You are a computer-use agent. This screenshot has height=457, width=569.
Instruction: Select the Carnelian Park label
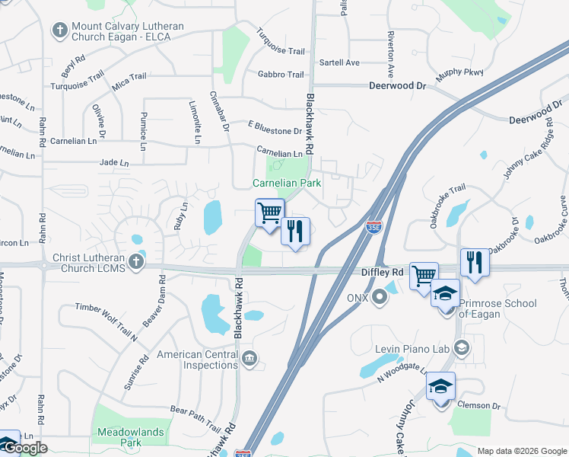tap(287, 184)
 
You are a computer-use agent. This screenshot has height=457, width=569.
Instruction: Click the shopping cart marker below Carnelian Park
tap(269, 213)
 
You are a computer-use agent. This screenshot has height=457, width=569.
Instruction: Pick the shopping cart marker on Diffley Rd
tap(424, 276)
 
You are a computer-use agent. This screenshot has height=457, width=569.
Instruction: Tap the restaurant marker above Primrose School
tap(474, 263)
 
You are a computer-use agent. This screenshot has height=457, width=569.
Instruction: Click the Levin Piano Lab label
tap(413, 349)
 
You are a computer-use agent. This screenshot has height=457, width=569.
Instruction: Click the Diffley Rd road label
tap(382, 272)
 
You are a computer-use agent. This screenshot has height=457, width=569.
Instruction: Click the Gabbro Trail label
tap(281, 75)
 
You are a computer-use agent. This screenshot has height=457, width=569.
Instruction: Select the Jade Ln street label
tap(114, 163)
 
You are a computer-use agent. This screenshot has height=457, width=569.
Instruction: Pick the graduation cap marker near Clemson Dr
tap(440, 387)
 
